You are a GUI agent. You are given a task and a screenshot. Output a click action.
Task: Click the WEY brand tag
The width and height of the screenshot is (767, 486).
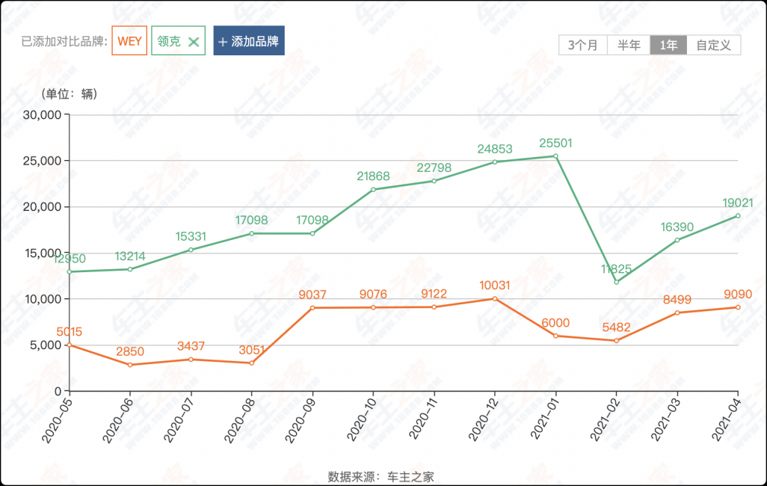click(129, 41)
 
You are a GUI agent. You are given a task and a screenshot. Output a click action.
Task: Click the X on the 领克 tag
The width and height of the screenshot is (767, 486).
click(194, 42)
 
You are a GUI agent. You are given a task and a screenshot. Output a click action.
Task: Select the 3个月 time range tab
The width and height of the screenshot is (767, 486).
click(583, 45)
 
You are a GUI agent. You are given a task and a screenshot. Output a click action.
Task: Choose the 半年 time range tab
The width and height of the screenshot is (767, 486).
click(629, 45)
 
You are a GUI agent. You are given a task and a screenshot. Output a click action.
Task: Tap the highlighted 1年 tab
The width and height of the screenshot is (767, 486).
click(668, 45)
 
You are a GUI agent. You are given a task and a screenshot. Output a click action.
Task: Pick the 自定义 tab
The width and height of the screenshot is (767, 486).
click(713, 45)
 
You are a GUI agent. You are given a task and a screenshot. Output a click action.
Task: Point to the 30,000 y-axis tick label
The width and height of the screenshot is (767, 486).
click(42, 115)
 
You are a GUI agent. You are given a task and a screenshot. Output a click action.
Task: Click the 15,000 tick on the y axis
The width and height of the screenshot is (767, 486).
click(42, 253)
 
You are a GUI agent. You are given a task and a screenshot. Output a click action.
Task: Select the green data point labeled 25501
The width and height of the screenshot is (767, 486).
click(555, 156)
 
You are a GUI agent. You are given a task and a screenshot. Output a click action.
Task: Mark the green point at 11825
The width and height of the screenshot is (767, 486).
click(616, 282)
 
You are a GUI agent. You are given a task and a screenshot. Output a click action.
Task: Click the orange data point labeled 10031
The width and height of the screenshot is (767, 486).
click(494, 299)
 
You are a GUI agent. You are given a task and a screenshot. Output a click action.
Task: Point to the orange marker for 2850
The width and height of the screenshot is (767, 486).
click(129, 365)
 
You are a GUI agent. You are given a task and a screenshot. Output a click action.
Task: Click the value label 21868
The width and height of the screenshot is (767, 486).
click(373, 176)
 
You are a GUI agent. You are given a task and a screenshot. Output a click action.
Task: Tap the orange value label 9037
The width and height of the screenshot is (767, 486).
click(312, 295)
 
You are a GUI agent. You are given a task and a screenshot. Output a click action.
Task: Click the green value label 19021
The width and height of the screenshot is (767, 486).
click(738, 203)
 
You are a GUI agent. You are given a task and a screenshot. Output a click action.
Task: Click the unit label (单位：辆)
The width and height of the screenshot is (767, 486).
click(70, 94)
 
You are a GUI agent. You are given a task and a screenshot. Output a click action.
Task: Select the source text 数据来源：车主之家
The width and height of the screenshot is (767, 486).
click(381, 476)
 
